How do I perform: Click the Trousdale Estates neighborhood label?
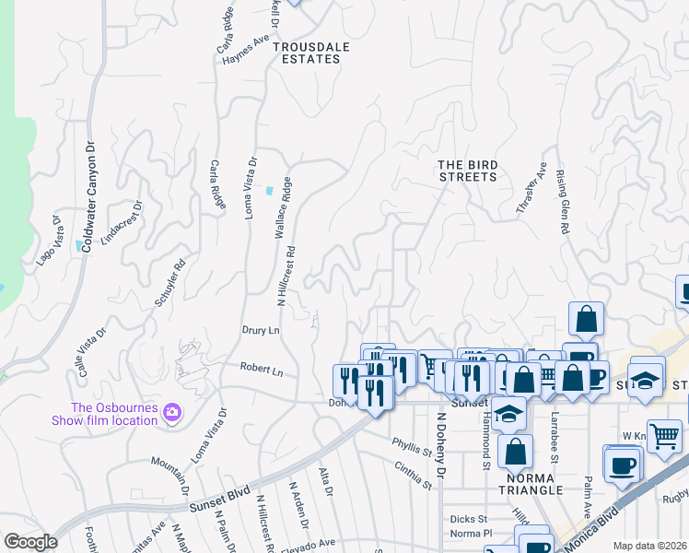(307, 52)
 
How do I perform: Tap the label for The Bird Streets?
(468, 171)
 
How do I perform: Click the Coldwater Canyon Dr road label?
(89, 197)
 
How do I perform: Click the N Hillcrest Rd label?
(286, 276)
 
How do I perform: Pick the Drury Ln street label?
(260, 329)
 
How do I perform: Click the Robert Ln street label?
(262, 370)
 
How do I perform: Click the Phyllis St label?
(412, 447)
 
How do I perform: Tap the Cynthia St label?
(412, 472)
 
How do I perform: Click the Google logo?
(30, 542)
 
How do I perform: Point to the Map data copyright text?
(649, 546)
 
